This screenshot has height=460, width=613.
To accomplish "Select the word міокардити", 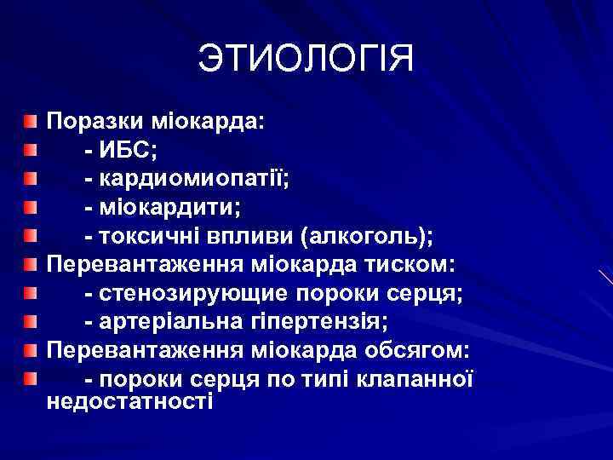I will [x=169, y=209].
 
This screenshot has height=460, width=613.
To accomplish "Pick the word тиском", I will [x=412, y=265].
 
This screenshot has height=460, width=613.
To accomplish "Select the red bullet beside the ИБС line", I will [x=31, y=151].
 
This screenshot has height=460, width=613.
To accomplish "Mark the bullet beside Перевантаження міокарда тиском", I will [x=31, y=265].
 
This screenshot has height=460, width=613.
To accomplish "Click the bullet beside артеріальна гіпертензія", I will [x=31, y=323].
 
